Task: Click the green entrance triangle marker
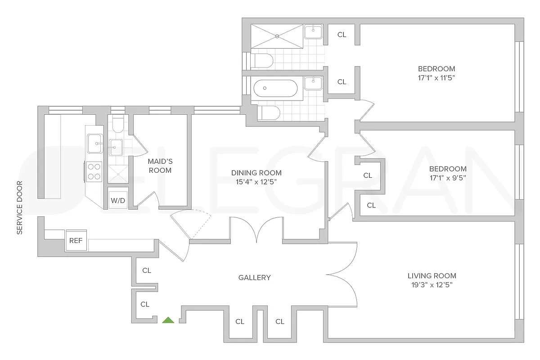point(168,320)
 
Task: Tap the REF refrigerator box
point(76,241)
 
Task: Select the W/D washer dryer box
point(118,201)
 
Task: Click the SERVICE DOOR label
point(19,207)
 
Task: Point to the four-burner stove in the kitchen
point(94,171)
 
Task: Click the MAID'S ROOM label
point(160,166)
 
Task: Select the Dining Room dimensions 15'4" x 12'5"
point(256,182)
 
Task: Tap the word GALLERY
point(254,278)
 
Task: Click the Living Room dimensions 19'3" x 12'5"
point(432,285)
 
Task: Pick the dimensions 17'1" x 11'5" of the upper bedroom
point(436,78)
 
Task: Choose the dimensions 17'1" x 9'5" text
point(447,178)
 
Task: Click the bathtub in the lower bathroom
point(275,89)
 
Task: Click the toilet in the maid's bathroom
point(118,125)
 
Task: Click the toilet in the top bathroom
point(261,60)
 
